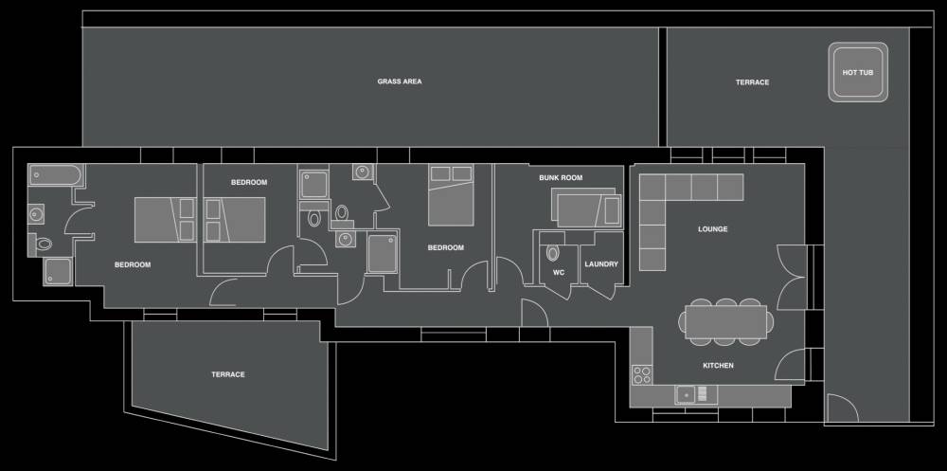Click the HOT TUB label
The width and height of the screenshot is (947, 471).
[x=858, y=73]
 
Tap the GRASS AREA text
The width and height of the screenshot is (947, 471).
[x=400, y=81]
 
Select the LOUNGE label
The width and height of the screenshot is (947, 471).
[x=713, y=229]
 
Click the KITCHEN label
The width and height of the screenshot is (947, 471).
[x=718, y=365]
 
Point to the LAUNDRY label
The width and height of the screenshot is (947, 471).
[x=601, y=264]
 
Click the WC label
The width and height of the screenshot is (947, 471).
[x=559, y=273]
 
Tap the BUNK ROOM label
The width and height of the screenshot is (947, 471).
[x=561, y=178]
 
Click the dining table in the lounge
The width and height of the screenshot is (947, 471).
[x=726, y=322]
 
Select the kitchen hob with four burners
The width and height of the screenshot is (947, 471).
[x=641, y=375]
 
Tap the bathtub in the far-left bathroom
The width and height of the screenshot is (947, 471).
[x=54, y=174]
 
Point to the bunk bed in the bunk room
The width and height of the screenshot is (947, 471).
[x=586, y=208]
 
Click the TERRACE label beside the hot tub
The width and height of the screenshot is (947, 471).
[x=753, y=82]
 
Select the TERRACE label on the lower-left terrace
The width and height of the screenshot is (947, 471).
[x=228, y=374]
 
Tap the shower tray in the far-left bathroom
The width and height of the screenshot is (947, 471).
[x=58, y=271]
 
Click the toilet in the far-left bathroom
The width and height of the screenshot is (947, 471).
[x=42, y=245]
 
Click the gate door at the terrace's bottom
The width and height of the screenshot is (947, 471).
[x=842, y=408]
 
